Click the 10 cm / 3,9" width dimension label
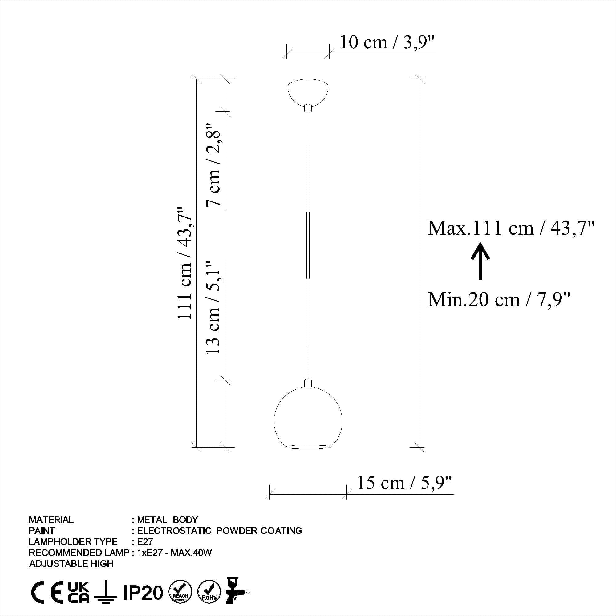point(387,43)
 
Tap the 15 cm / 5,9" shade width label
point(404,483)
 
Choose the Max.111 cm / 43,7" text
point(511,229)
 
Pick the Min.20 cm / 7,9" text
point(499,300)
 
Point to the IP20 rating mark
point(143,592)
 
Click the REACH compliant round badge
point(180,592)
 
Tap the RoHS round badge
point(209,592)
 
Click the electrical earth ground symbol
point(105,593)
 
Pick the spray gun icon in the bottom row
point(236,591)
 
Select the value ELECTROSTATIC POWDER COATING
point(219,531)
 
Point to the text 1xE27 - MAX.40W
point(174,553)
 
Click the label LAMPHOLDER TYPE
point(73,542)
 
